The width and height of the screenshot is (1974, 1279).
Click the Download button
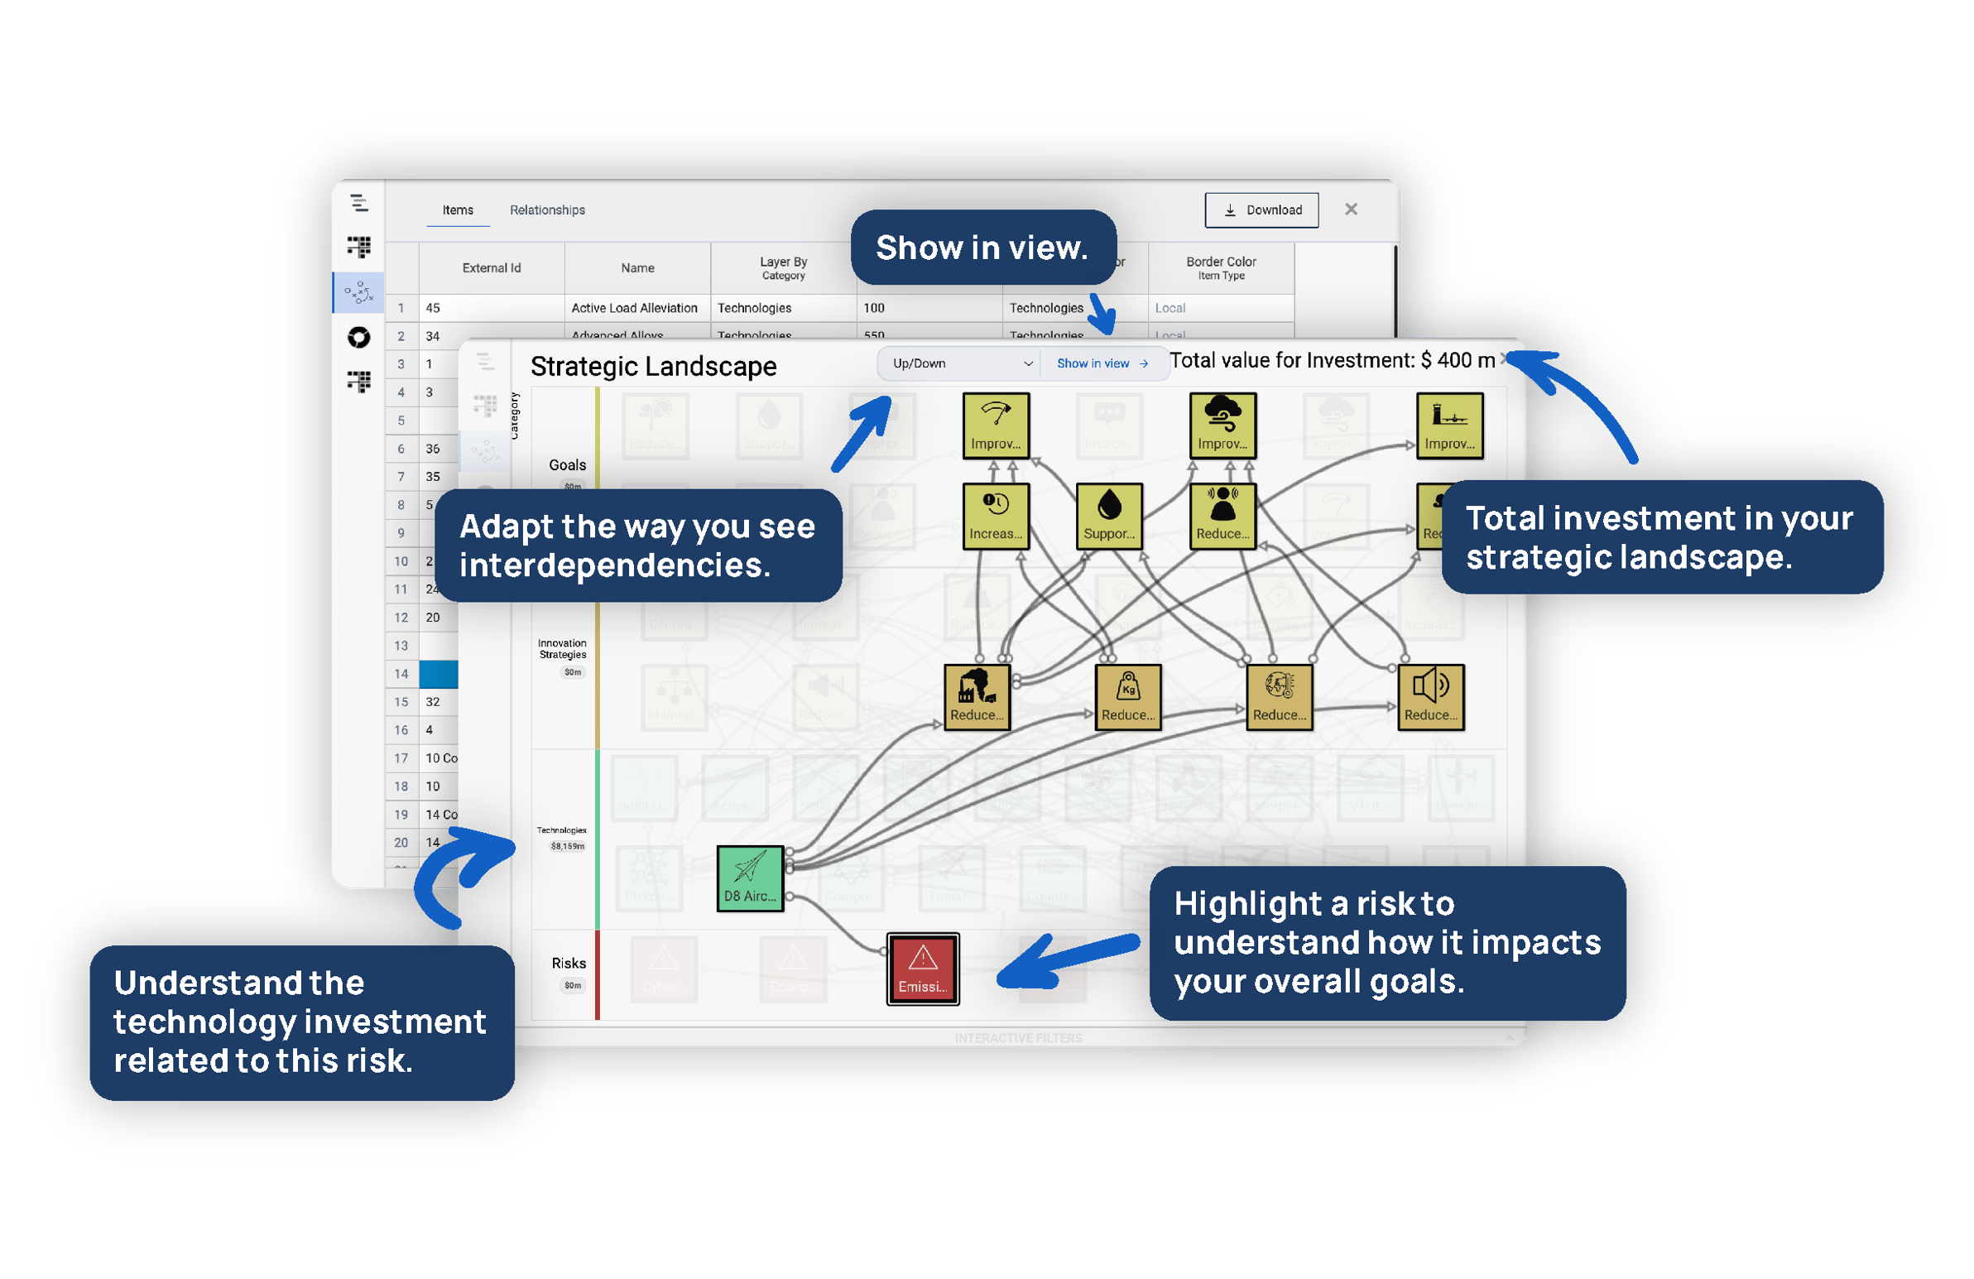tap(1261, 209)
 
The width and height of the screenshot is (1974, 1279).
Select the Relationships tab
tap(547, 209)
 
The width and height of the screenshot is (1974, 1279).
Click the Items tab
tap(457, 209)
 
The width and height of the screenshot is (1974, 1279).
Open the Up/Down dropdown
tap(960, 363)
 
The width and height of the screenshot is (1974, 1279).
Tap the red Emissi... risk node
tap(922, 969)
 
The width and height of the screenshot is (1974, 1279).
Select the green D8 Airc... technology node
tap(750, 878)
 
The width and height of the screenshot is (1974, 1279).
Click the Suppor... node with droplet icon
tap(1109, 516)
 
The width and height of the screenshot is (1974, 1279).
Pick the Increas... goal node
tap(996, 516)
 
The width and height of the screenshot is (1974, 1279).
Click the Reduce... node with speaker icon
tap(1431, 697)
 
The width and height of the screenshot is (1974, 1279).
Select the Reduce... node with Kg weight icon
tap(1128, 697)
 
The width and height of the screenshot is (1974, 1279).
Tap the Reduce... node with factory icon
tap(977, 697)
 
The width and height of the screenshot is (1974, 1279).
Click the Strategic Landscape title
tap(653, 366)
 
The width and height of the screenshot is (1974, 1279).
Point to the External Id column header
tap(491, 268)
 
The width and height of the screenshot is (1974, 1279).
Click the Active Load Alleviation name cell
tap(635, 308)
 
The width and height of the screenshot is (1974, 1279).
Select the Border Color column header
tap(1220, 267)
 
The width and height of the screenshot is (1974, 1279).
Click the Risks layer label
tap(568, 963)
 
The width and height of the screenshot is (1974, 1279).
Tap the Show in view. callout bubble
tap(982, 248)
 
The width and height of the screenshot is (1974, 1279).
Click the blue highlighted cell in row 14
tap(438, 674)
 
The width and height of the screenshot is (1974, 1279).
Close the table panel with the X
tap(1350, 209)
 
